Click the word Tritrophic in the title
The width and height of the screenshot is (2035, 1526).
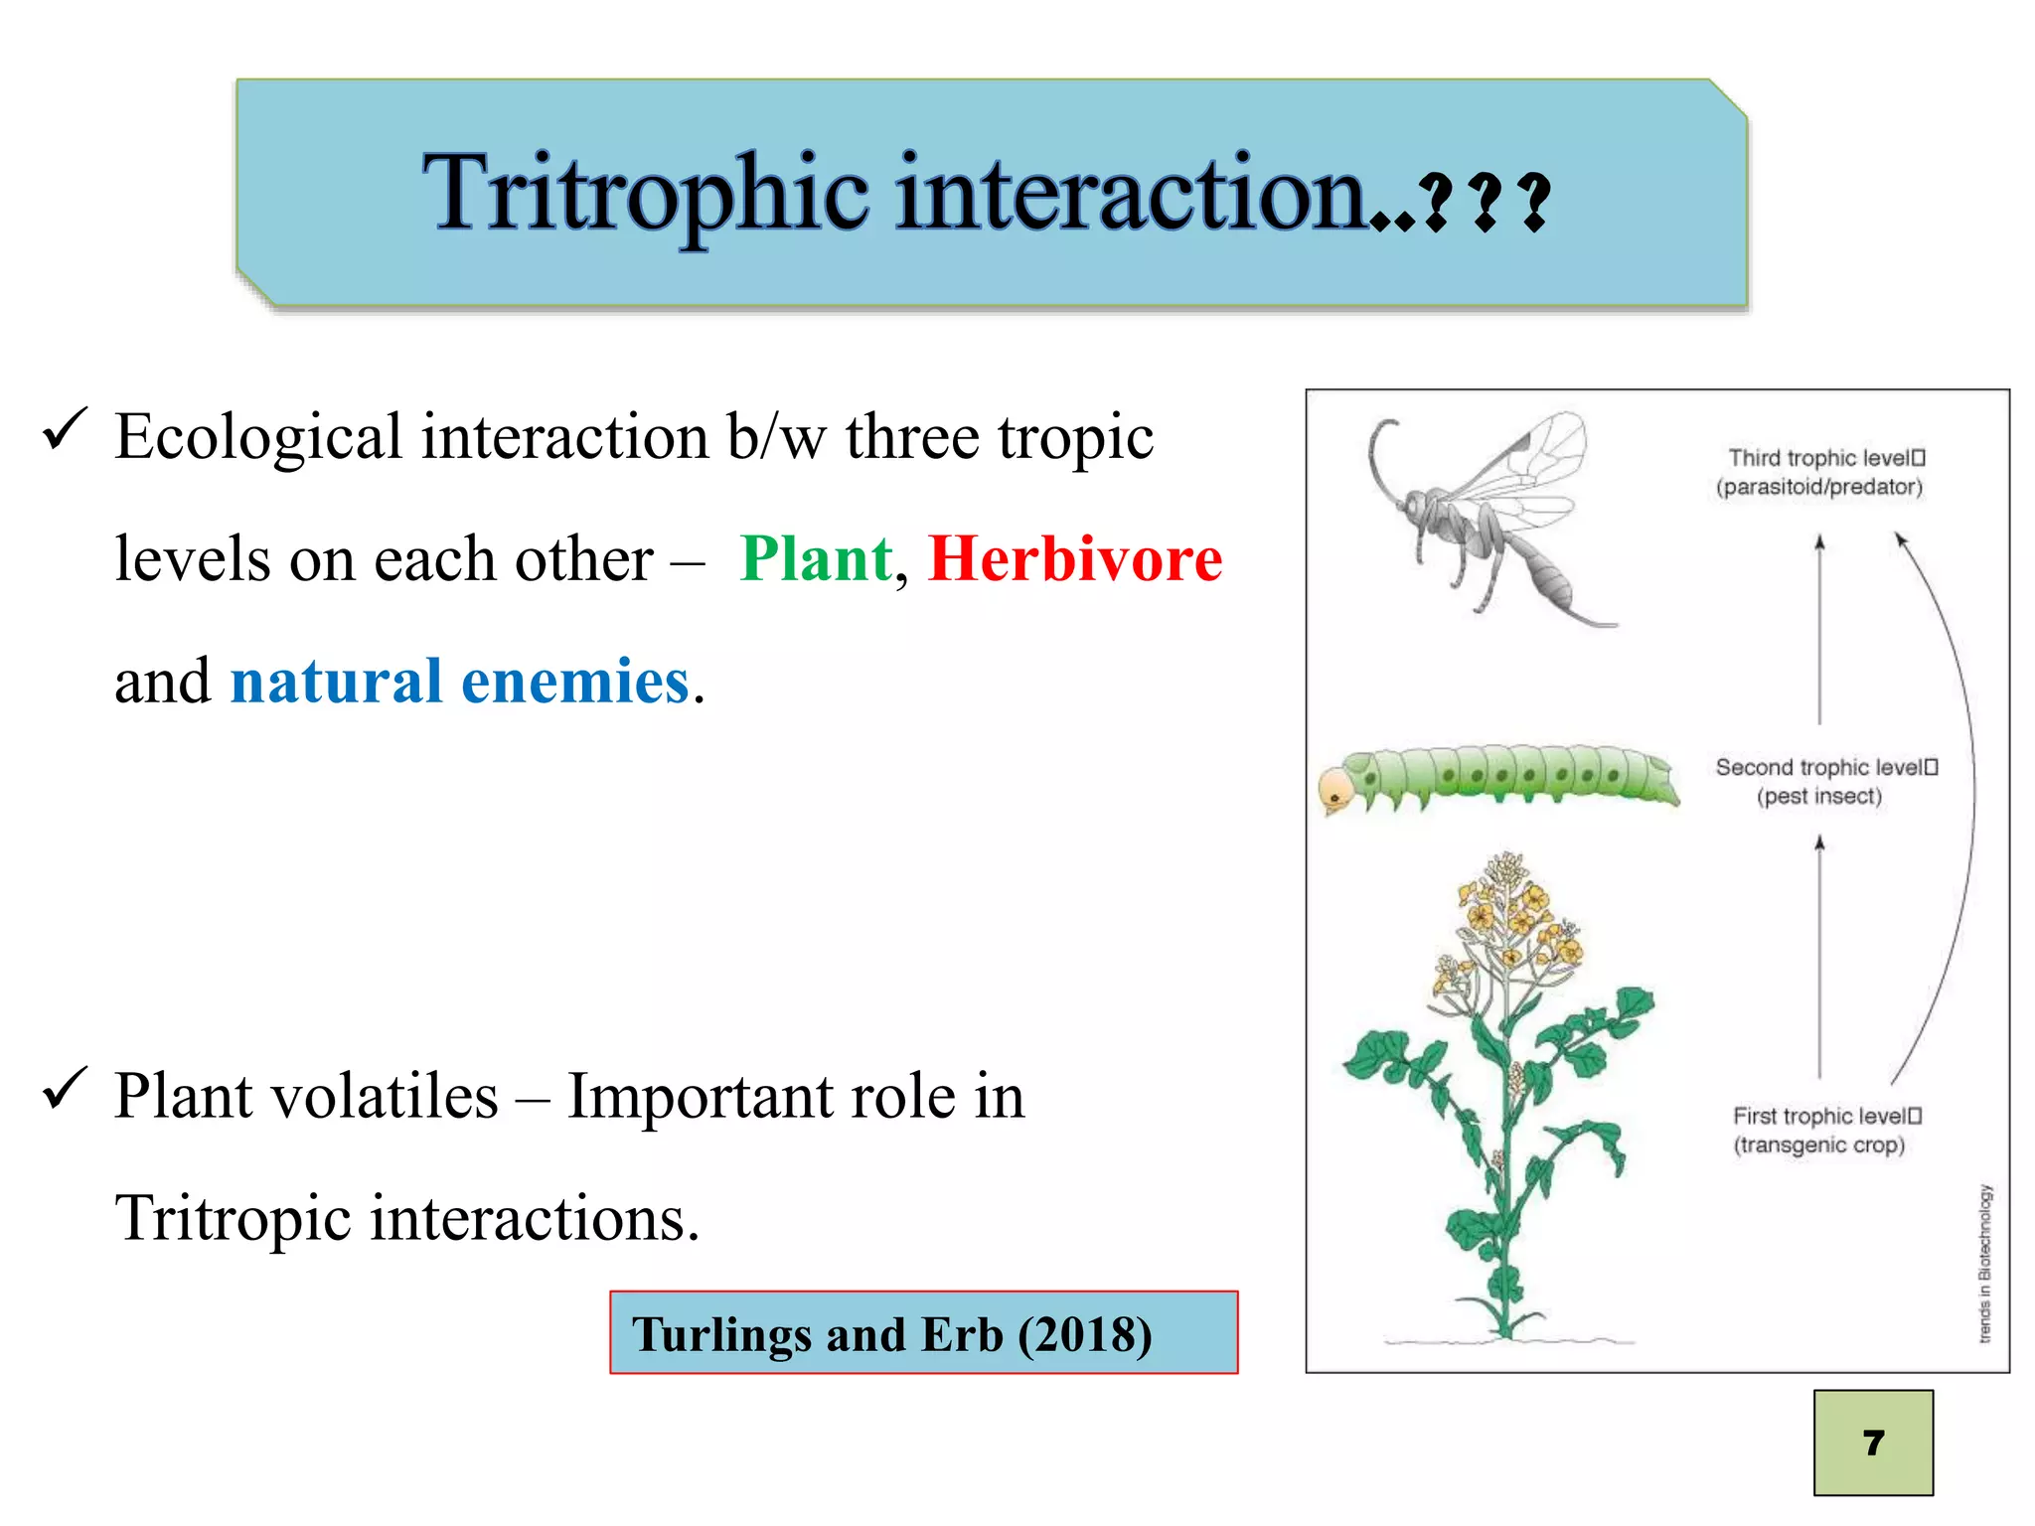(x=646, y=194)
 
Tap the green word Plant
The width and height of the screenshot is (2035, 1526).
(x=816, y=559)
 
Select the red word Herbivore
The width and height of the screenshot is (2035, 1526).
(x=1075, y=559)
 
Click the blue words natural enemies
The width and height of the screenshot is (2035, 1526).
(x=460, y=682)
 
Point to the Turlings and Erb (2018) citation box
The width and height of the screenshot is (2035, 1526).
(x=923, y=1332)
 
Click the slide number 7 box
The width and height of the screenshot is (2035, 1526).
(x=1873, y=1442)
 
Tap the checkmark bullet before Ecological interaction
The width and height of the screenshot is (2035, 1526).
(x=66, y=430)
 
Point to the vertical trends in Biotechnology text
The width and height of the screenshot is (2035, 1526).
(x=1984, y=1263)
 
